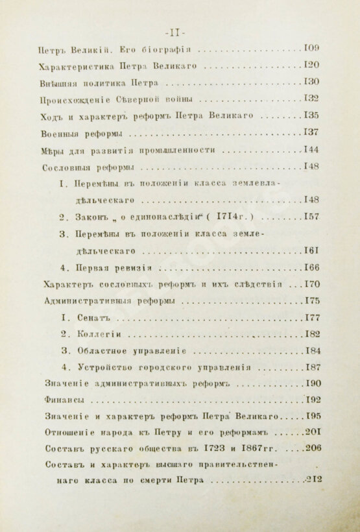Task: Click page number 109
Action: click(311, 48)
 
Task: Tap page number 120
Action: click(312, 66)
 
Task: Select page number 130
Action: click(312, 83)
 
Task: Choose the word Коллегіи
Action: click(99, 335)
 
